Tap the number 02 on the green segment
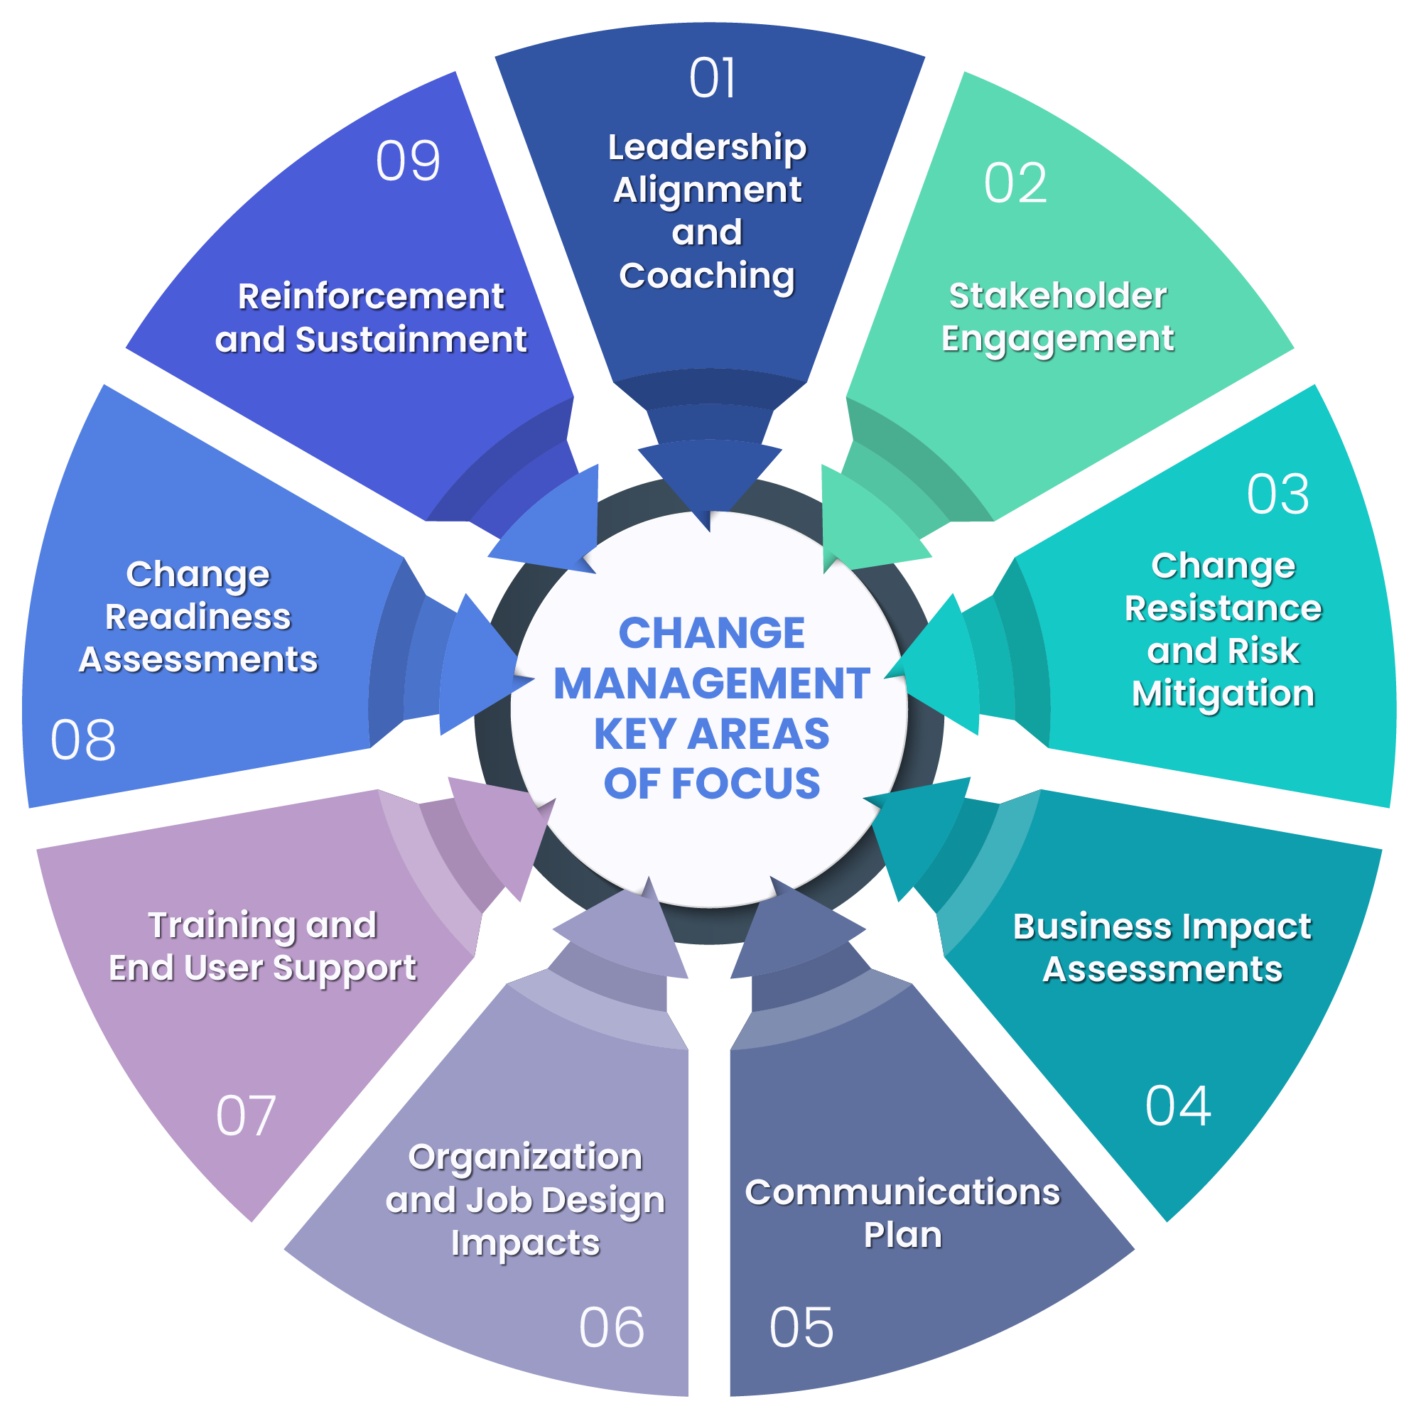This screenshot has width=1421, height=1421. click(x=1015, y=183)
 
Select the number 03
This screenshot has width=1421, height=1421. click(x=1277, y=495)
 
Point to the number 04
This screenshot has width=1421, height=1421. click(x=1177, y=1106)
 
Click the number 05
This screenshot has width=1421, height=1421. click(x=801, y=1328)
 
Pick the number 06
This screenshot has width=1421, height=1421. click(x=611, y=1328)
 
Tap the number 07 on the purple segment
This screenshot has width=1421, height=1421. click(x=246, y=1115)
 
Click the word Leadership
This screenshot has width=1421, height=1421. click(x=707, y=147)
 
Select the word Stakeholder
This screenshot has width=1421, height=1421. click(x=1057, y=296)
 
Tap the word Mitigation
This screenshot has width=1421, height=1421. click(x=1222, y=693)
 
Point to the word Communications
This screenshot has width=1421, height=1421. click(x=902, y=1192)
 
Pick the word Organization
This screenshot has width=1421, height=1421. click(x=525, y=1157)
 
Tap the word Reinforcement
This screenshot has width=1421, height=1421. click(x=371, y=296)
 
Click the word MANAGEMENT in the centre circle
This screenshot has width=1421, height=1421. click(x=711, y=684)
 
